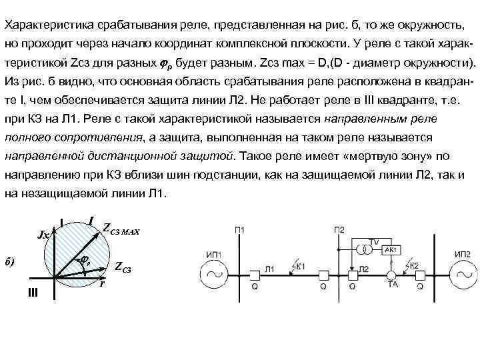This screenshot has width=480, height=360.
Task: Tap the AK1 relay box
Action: point(391,249)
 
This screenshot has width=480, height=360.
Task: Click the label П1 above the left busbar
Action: point(240,230)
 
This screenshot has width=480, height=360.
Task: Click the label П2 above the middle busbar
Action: point(339,230)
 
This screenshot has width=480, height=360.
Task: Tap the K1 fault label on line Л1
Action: point(300,265)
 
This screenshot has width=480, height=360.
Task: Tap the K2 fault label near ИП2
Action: point(414,265)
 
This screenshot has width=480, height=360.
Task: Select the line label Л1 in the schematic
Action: point(269,269)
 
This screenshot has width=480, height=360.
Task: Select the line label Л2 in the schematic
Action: point(364,269)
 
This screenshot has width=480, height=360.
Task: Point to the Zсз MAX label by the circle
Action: point(121,229)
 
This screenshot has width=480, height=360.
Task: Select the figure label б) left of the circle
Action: point(11,260)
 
